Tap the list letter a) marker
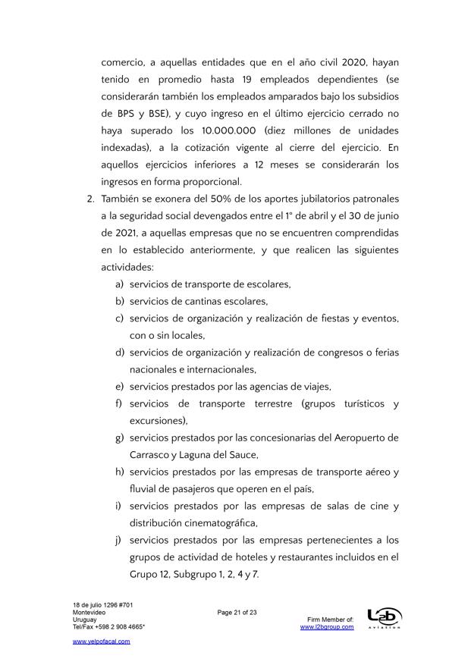click(119, 284)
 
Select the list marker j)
click(119, 540)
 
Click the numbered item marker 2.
click(89, 199)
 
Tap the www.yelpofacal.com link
click(101, 641)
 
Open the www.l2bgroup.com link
click(327, 627)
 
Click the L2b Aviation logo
click(384, 618)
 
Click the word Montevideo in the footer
click(89, 611)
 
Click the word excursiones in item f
click(158, 421)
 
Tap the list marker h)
click(119, 472)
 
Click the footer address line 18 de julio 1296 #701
click(103, 604)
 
